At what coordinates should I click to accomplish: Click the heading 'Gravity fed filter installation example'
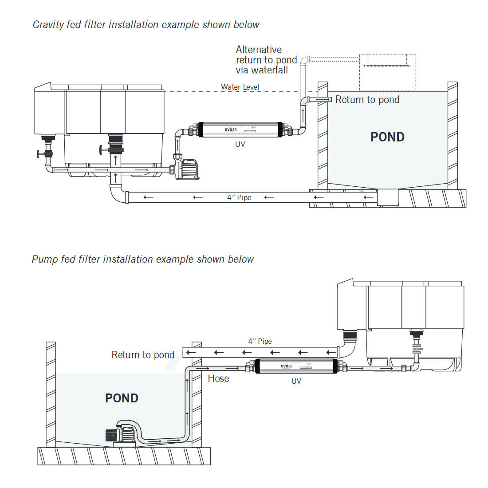146,24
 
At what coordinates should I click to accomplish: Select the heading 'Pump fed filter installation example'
142,259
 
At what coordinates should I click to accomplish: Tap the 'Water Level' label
240,87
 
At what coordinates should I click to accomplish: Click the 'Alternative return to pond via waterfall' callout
266,60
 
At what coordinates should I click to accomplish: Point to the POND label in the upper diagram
387,137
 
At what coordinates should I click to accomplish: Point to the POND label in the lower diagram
122,398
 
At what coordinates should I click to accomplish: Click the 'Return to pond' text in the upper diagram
367,100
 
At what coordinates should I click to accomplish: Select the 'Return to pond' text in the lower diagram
143,355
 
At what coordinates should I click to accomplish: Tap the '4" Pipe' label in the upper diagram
239,197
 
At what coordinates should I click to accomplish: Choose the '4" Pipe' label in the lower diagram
260,341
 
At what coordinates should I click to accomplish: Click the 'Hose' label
218,378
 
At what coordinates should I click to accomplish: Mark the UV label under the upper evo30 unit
240,144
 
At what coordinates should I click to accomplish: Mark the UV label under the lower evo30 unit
296,381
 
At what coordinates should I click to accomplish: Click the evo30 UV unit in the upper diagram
240,129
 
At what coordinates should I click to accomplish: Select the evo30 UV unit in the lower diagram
296,366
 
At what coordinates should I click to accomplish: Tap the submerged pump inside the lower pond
120,433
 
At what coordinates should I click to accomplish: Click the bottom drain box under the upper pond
387,198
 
